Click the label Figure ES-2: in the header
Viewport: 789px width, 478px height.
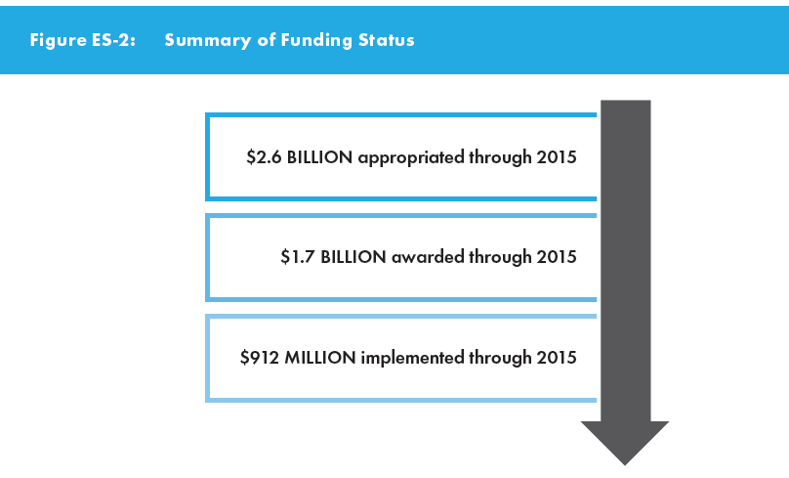(x=83, y=40)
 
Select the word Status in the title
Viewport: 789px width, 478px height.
(x=387, y=40)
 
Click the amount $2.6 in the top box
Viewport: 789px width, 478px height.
(x=264, y=157)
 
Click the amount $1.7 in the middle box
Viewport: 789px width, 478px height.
(x=298, y=257)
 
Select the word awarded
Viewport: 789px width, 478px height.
(x=428, y=257)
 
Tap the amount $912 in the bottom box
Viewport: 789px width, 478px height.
(x=260, y=358)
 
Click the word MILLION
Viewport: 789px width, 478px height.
(x=320, y=358)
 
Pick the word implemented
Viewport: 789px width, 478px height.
(x=412, y=358)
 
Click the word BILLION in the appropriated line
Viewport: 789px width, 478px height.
(x=319, y=157)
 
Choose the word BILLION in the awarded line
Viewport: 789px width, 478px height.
(x=353, y=257)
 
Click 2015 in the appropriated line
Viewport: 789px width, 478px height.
(x=556, y=157)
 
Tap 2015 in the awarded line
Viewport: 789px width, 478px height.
(x=556, y=257)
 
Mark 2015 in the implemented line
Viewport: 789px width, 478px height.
(x=556, y=358)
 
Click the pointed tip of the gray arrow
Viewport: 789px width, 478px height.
(x=625, y=464)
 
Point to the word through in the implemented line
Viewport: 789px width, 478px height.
(x=500, y=358)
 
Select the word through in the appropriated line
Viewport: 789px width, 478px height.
(x=500, y=157)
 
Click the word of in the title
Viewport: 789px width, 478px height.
(x=266, y=40)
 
